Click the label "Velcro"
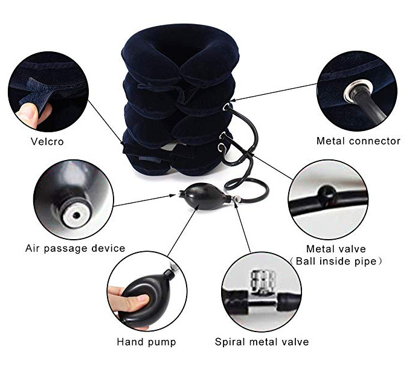(47, 141)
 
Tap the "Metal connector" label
(358, 141)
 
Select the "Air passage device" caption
(75, 248)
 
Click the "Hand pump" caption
(146, 342)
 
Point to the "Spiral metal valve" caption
(262, 342)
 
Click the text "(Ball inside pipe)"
(336, 261)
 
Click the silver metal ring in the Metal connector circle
(358, 91)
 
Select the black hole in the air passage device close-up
(77, 215)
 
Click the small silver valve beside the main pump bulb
(236, 199)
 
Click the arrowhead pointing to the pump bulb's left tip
(174, 196)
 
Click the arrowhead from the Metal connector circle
(232, 100)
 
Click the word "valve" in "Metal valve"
(352, 249)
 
